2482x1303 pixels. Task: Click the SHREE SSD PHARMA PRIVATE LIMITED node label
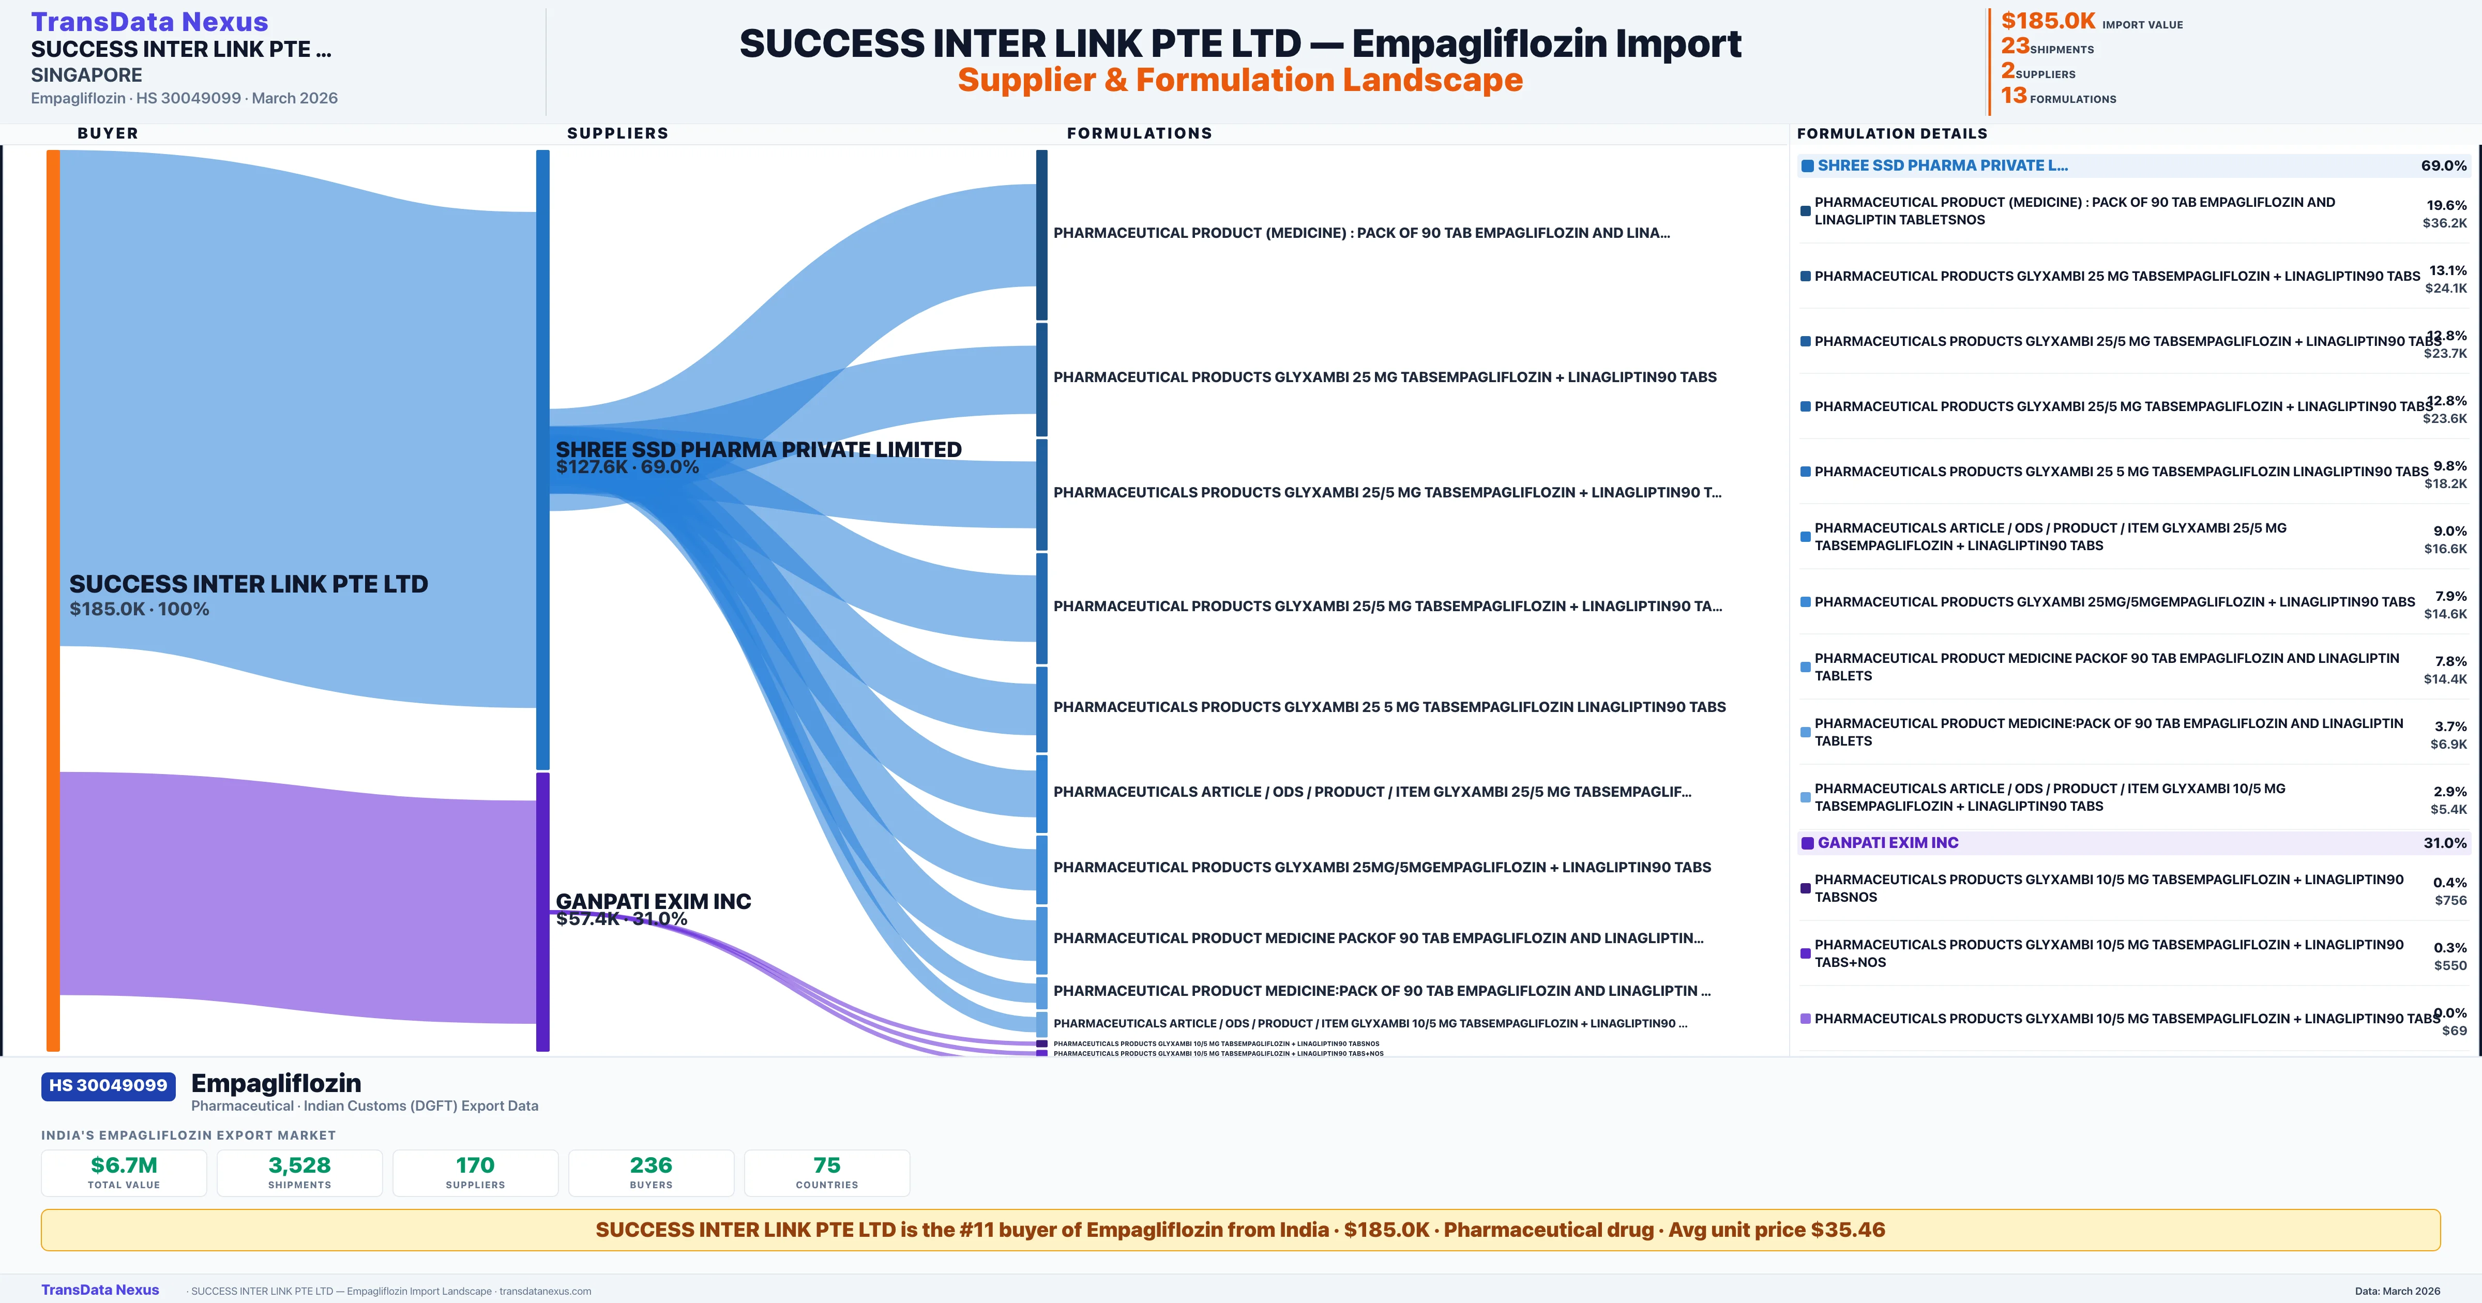click(x=758, y=450)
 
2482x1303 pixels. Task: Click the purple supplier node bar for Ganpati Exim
click(x=542, y=911)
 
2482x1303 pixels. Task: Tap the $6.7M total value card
click(x=124, y=1172)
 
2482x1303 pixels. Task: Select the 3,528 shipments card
click(x=300, y=1172)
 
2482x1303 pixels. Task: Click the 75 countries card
click(x=827, y=1172)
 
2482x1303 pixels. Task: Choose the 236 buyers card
click(x=652, y=1172)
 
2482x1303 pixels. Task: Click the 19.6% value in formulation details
click(x=2446, y=205)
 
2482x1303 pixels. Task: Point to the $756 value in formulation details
click(x=2450, y=900)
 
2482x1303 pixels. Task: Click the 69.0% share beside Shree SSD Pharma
click(x=2443, y=166)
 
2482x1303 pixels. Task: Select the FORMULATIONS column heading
click(x=1139, y=133)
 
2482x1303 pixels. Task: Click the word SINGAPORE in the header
click(x=87, y=75)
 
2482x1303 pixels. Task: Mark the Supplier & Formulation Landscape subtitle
click(x=1240, y=80)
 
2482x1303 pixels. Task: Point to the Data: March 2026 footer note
click(x=2397, y=1291)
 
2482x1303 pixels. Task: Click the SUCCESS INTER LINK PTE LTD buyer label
click(x=249, y=585)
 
